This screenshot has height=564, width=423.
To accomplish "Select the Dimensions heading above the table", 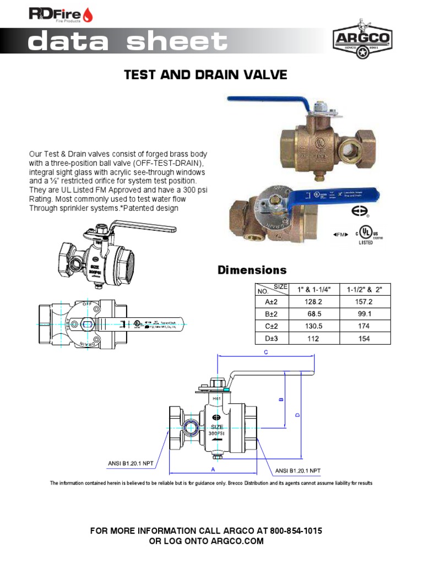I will click(252, 270).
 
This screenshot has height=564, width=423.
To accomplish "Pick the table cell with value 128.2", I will click(312, 302).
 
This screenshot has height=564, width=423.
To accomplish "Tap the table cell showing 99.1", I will click(365, 314).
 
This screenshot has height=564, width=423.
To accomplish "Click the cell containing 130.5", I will click(312, 326).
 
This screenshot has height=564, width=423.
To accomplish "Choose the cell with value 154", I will click(365, 338).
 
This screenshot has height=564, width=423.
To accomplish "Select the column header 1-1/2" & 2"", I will click(365, 289).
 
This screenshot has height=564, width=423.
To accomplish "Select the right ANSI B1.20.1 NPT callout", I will click(297, 470).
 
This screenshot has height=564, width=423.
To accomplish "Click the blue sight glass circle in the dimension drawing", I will click(191, 424).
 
